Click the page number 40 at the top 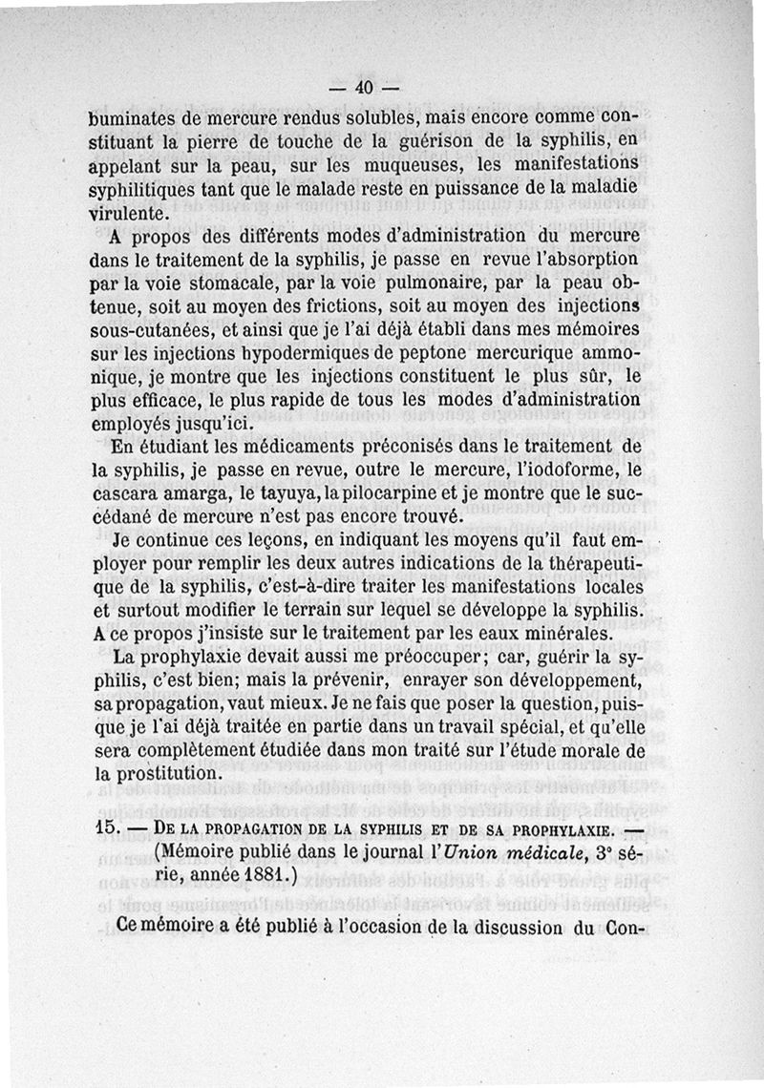(361, 88)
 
